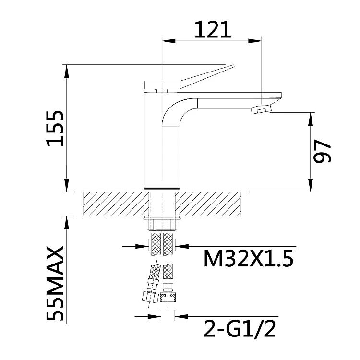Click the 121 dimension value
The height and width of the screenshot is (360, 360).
[x=213, y=29]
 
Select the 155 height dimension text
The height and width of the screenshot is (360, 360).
[x=55, y=129]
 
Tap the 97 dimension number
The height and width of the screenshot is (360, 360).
[x=322, y=151]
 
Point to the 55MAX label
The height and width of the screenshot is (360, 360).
[x=55, y=283]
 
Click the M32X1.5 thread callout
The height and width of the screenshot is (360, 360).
[x=249, y=258]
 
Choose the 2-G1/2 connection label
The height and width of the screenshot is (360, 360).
[x=240, y=328]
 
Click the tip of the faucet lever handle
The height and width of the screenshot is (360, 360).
[x=233, y=66]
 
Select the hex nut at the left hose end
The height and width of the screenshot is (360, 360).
[x=150, y=296]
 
